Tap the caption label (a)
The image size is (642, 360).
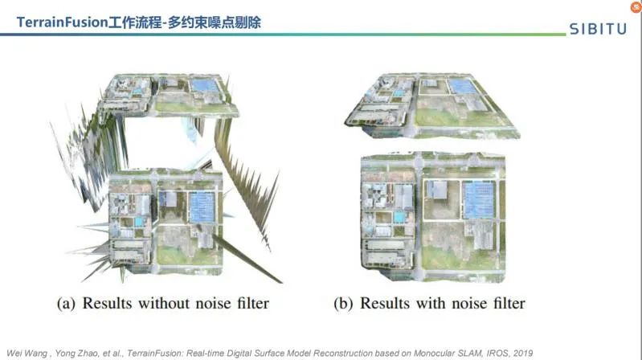pyautogui.click(x=67, y=304)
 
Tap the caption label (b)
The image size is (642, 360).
pyautogui.click(x=345, y=304)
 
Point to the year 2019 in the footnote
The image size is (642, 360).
pyautogui.click(x=520, y=353)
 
